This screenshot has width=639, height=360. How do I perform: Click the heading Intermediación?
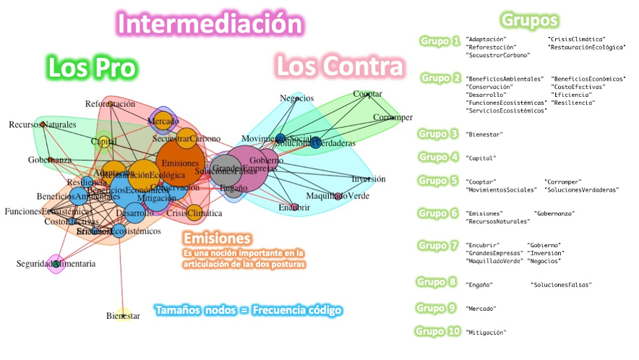coord(210,23)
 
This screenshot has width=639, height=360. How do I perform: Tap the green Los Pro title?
coord(92,67)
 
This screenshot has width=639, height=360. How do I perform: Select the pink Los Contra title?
coord(340,67)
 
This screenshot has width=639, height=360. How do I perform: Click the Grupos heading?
coord(529,19)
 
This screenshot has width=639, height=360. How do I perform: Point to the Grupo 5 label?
coord(438,181)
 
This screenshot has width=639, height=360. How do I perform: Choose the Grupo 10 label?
coord(439,331)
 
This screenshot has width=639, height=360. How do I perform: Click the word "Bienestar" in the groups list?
coord(484,134)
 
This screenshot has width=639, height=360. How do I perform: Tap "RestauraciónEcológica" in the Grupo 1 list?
coord(586,47)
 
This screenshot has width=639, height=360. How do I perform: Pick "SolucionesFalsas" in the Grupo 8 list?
coord(561,286)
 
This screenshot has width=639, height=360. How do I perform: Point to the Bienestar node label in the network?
coord(123,316)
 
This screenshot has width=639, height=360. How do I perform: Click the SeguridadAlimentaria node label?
coord(56,264)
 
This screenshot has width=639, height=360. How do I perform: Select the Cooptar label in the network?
coord(367,94)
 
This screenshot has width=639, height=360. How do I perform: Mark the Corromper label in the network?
coord(393,117)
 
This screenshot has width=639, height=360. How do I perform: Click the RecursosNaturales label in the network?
coord(42,125)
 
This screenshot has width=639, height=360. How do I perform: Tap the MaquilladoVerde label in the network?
coord(337,196)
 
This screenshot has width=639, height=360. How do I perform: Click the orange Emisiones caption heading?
coord(217,238)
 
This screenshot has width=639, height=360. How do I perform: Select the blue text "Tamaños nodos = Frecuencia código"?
coord(247,310)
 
